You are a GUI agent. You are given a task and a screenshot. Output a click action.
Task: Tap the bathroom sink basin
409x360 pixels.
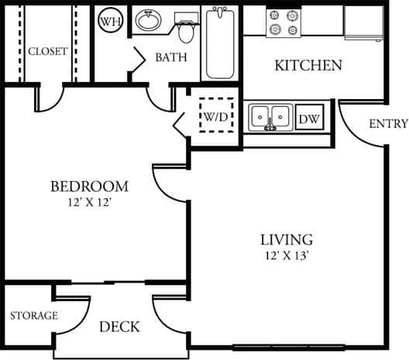tap(147, 19)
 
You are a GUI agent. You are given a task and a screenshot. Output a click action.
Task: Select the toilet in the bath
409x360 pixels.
tap(185, 29)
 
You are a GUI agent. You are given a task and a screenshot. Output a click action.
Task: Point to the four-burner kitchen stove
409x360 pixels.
tap(282, 22)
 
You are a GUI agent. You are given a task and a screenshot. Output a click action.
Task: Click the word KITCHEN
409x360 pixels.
tap(308, 65)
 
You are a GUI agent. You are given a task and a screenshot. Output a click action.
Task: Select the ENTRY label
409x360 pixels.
tap(387, 124)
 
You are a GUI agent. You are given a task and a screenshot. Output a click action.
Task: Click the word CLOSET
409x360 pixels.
tap(47, 51)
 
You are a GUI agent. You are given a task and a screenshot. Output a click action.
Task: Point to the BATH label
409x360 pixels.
tap(171, 57)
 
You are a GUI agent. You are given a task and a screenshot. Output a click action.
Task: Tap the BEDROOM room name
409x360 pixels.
tap(89, 187)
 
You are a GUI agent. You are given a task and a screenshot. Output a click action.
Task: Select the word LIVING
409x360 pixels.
tap(286, 239)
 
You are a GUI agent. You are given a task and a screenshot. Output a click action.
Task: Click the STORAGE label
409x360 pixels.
tap(33, 315)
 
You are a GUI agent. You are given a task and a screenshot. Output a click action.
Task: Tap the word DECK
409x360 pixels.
tap(119, 327)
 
